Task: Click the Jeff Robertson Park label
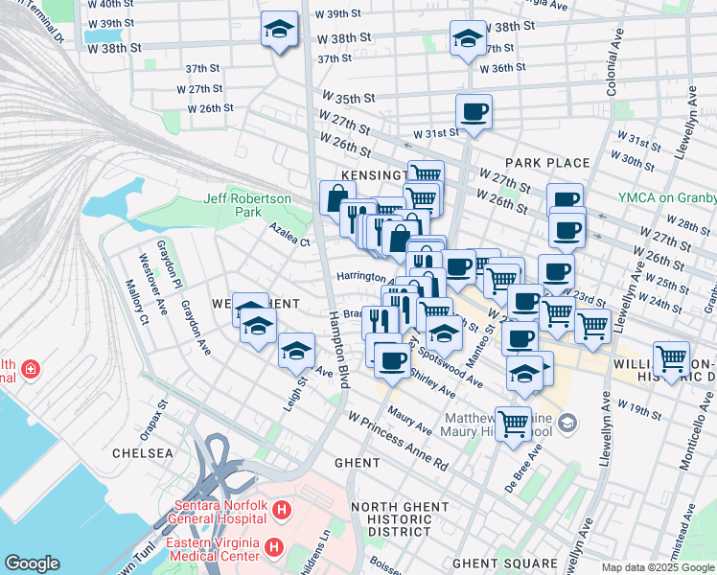246,205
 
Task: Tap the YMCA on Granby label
667,198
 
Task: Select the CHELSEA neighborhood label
143,452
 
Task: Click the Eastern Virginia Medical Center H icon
274,547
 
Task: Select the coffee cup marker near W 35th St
474,111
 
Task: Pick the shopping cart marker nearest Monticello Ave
671,359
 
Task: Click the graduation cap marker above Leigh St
297,351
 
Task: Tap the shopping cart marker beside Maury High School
514,422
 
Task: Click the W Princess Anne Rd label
398,441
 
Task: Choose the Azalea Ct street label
289,236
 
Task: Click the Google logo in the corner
32,563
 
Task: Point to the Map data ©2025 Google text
658,567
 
